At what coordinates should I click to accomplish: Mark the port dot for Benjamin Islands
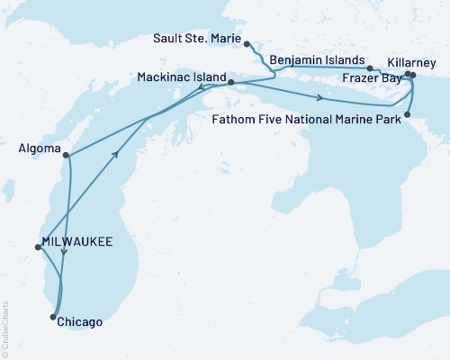pyautogui.click(x=369, y=67)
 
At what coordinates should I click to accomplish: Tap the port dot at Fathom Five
pyautogui.click(x=408, y=114)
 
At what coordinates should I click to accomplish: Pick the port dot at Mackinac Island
pyautogui.click(x=231, y=83)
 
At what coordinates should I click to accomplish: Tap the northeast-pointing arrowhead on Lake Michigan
pyautogui.click(x=115, y=154)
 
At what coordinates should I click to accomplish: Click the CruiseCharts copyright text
pyautogui.click(x=5, y=328)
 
